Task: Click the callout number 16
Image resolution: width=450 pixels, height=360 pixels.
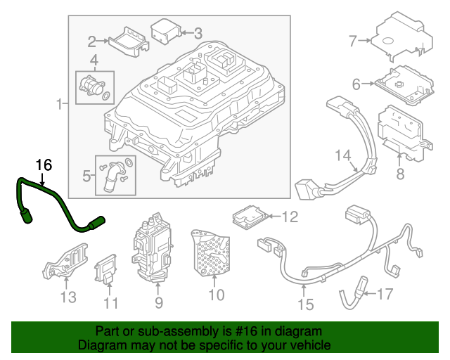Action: pyautogui.click(x=44, y=165)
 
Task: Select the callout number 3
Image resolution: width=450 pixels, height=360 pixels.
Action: pyautogui.click(x=198, y=32)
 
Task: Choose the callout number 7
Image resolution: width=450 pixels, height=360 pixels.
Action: pyautogui.click(x=353, y=41)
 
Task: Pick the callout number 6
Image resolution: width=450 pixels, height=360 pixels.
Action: pyautogui.click(x=356, y=84)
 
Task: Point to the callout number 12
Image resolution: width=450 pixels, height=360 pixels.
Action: pyautogui.click(x=290, y=217)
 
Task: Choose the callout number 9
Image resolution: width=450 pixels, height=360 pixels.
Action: pyautogui.click(x=158, y=303)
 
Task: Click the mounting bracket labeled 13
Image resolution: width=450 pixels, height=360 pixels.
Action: pyautogui.click(x=67, y=264)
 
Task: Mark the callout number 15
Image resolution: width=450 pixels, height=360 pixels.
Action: pyautogui.click(x=304, y=305)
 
